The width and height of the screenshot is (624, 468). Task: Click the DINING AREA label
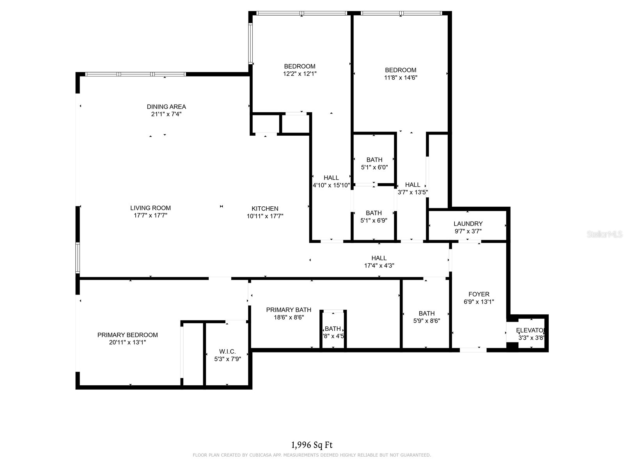(x=166, y=106)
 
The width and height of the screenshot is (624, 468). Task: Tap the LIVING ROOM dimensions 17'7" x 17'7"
(x=151, y=215)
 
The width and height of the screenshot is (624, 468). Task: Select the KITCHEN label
(x=265, y=209)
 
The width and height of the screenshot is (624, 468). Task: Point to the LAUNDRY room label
(x=468, y=223)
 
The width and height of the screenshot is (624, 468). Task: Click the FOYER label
(x=479, y=294)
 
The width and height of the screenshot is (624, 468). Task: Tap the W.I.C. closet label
(x=227, y=351)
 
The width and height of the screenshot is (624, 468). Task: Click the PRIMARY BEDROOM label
(x=128, y=335)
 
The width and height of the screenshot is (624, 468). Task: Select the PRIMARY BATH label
(x=289, y=310)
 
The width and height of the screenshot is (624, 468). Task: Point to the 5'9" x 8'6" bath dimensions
(x=427, y=321)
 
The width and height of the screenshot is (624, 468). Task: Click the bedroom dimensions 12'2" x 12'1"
(x=300, y=73)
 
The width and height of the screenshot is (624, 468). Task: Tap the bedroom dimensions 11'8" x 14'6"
(x=401, y=77)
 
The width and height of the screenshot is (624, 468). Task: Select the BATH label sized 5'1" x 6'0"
(x=374, y=160)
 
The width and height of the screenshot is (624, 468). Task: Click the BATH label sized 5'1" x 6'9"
(x=374, y=213)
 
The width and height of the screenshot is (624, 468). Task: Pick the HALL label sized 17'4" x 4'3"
(x=379, y=258)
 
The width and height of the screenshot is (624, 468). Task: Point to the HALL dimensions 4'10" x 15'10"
(x=331, y=185)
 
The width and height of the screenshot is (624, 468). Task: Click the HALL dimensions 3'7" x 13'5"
(x=413, y=192)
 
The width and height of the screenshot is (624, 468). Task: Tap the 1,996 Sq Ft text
(x=312, y=445)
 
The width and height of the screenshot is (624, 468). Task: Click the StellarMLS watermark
(x=604, y=234)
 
